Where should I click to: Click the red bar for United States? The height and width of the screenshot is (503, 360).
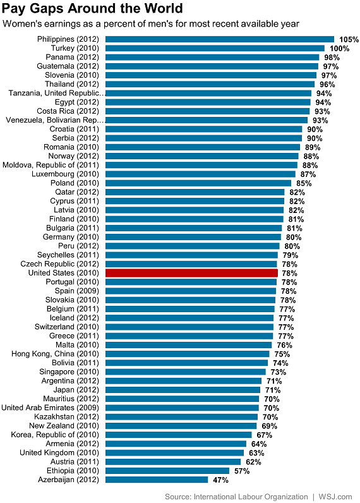tap(191, 273)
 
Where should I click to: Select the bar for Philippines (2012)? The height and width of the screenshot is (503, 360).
tap(219, 39)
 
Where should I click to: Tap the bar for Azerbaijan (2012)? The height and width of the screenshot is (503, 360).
tap(157, 480)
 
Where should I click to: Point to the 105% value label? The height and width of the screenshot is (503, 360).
tap(349, 39)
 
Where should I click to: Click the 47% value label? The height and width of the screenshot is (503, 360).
tap(220, 480)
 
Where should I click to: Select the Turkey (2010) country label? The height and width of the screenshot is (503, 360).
tap(75, 48)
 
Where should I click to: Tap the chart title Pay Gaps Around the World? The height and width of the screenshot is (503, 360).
tap(93, 9)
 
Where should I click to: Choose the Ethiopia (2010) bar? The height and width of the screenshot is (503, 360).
tap(167, 471)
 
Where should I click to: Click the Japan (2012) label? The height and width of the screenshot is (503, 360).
tap(76, 390)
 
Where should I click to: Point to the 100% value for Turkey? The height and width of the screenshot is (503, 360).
tap(339, 48)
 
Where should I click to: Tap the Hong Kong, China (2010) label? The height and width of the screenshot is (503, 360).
tap(56, 354)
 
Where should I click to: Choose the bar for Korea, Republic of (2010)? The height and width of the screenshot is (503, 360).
tap(178, 435)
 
